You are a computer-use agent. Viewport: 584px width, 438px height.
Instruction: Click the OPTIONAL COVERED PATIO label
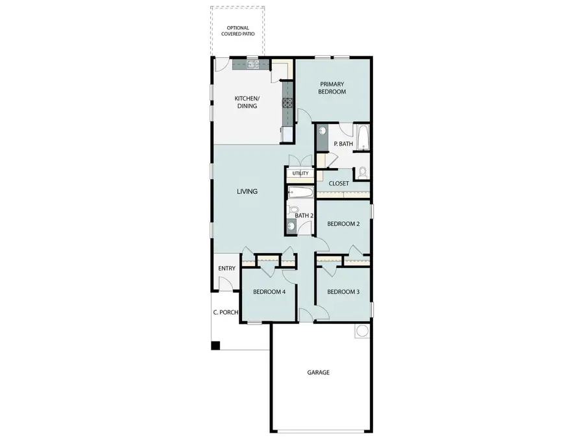[237, 31]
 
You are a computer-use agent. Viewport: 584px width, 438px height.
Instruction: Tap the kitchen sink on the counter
[252, 64]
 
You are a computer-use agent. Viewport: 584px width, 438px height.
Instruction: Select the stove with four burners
[286, 102]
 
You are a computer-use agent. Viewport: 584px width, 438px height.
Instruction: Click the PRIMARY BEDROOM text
[332, 88]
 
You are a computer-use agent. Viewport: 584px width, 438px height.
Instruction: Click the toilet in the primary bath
[362, 173]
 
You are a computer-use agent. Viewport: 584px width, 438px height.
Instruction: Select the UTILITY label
[300, 173]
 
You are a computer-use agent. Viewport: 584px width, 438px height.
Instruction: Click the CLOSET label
[339, 184]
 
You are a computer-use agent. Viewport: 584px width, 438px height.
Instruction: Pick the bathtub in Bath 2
[300, 193]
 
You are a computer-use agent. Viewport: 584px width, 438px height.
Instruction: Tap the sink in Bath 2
[291, 226]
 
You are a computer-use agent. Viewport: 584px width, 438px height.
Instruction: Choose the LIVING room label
[247, 191]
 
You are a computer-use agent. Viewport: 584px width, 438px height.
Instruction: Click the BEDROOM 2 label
[343, 224]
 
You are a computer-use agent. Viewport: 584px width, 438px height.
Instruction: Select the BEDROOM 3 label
[343, 292]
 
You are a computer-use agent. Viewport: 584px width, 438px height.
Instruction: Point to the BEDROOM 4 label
[269, 292]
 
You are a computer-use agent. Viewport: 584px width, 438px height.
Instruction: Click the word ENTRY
[227, 268]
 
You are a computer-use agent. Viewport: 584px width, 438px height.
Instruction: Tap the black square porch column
[215, 346]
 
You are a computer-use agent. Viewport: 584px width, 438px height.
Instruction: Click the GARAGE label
[319, 372]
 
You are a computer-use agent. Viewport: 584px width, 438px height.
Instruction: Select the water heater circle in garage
[361, 331]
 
